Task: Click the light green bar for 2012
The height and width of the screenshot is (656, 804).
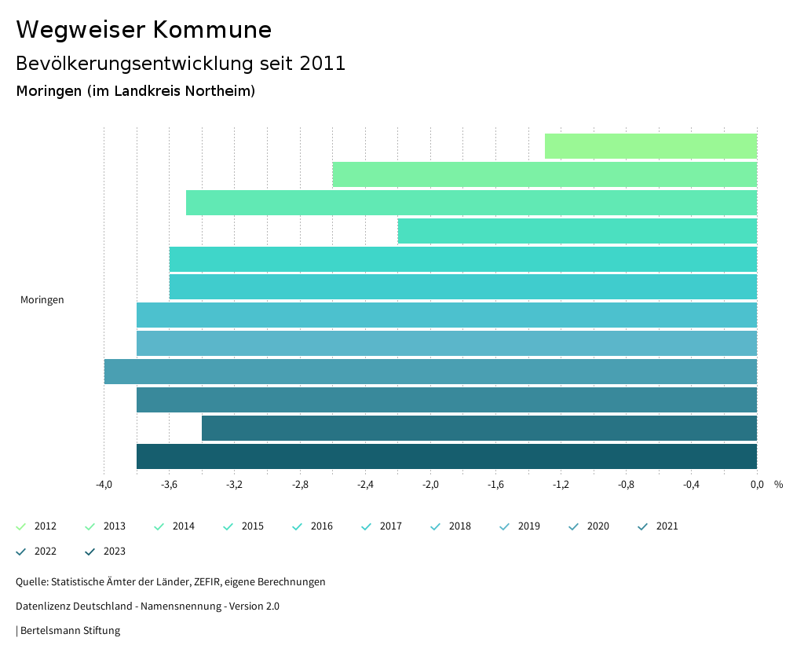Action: (650, 146)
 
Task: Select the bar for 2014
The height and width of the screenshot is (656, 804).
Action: (471, 203)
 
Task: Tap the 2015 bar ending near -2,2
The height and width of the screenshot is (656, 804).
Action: (577, 231)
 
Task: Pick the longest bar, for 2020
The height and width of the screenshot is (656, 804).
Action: (430, 372)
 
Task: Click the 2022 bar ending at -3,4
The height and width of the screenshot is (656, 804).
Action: (479, 428)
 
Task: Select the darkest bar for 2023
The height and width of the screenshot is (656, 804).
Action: (446, 456)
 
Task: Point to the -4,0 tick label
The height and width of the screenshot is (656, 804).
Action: (104, 485)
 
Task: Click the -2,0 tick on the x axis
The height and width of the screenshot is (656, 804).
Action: (430, 485)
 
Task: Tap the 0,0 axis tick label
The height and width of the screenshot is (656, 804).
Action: (756, 485)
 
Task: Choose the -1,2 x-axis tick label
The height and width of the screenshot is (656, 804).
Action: (561, 485)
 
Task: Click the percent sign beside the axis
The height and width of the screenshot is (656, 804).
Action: (778, 485)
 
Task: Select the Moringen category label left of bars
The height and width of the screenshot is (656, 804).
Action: (42, 300)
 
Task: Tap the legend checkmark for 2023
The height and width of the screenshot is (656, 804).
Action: (90, 552)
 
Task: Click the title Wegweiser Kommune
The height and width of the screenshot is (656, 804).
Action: (144, 30)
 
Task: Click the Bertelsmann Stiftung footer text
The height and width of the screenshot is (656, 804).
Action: (70, 631)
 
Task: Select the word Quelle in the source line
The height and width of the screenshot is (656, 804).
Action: (31, 582)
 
